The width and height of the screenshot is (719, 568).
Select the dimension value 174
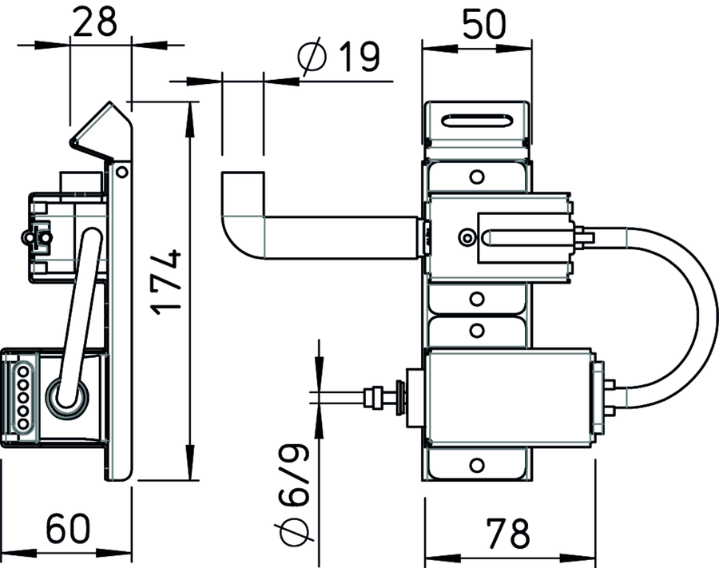[x=166, y=282]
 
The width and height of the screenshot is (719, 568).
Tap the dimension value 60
[x=69, y=528]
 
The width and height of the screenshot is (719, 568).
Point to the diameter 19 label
[x=339, y=58]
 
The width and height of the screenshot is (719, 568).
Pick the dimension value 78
[x=507, y=534]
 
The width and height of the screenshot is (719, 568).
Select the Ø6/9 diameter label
[x=292, y=494]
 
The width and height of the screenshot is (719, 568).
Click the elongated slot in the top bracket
[x=477, y=121]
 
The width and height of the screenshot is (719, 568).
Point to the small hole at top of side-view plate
[x=121, y=173]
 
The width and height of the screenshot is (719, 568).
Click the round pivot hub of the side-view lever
[x=66, y=398]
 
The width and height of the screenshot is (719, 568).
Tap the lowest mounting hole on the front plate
[x=477, y=466]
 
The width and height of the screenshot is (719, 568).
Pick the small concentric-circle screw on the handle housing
[x=467, y=237]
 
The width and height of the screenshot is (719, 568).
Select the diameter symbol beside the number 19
[x=312, y=58]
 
